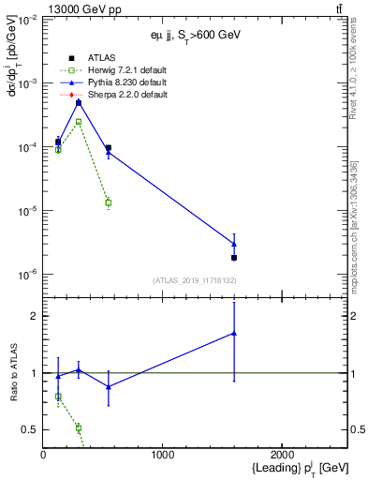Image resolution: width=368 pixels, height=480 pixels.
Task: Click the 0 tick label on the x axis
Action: pyautogui.click(x=43, y=455)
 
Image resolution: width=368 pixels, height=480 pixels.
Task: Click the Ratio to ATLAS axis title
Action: pyautogui.click(x=14, y=373)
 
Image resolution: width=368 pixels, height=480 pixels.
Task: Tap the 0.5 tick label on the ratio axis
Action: pyautogui.click(x=29, y=429)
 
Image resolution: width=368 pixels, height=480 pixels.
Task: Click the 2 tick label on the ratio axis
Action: pyautogui.click(x=34, y=316)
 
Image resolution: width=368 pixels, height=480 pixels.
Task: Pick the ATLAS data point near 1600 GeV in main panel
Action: pyautogui.click(x=234, y=257)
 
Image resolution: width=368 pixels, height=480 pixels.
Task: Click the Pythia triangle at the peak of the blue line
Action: pyautogui.click(x=79, y=101)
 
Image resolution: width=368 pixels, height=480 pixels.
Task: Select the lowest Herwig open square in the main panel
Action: pyautogui.click(x=109, y=202)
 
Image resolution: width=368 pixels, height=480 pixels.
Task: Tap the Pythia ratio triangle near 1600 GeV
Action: pyautogui.click(x=234, y=333)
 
